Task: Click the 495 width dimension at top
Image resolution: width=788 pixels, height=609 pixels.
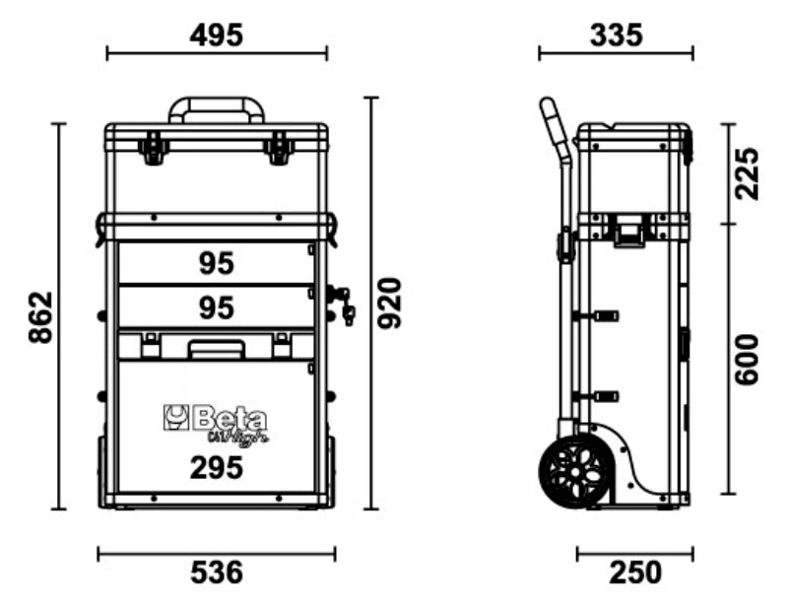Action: coord(216,35)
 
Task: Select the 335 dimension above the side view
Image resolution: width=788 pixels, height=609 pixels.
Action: coord(616,35)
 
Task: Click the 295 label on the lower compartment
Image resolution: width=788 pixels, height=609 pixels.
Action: coord(216,468)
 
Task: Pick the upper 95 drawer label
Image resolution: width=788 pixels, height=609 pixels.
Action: coord(216,263)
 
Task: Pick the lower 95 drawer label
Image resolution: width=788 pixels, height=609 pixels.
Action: coord(216,307)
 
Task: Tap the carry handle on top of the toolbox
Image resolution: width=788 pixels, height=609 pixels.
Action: coord(217,106)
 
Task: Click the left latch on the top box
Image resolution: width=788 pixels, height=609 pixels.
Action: coord(153,150)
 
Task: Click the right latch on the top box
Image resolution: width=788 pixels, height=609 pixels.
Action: coord(279,150)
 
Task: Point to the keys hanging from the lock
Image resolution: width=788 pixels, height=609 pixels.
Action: coord(345,304)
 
